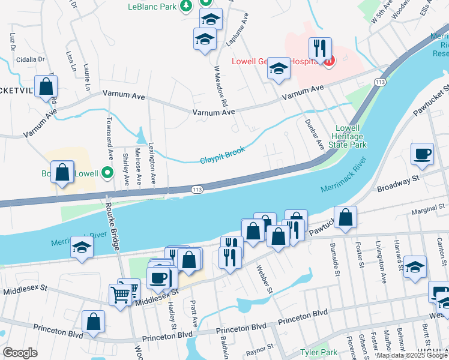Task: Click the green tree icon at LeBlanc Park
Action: [x=187, y=6]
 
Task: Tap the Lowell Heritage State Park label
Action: [x=351, y=137]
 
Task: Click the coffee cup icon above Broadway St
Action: [x=422, y=153]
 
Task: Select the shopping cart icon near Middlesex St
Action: [x=119, y=294]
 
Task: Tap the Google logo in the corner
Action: [x=20, y=353]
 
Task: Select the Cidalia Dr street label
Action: [x=31, y=59]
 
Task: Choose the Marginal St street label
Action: [x=430, y=208]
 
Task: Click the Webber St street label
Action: [x=265, y=280]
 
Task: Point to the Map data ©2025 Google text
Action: [x=412, y=355]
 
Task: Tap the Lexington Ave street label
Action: [x=153, y=165]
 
